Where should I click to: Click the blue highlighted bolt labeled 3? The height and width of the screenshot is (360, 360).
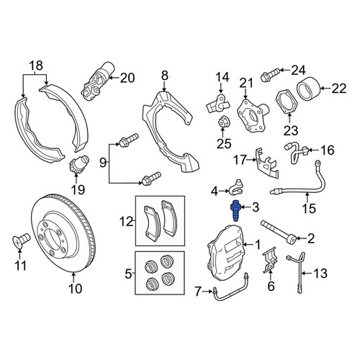235,210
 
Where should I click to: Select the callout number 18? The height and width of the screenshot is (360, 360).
36,66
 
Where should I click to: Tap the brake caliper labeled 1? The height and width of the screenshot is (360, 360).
225,252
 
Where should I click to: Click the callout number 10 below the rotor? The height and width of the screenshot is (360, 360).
75,289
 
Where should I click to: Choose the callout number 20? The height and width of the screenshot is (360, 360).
127,78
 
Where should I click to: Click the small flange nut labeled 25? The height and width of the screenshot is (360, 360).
223,122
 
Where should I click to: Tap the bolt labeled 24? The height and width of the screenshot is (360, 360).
270,74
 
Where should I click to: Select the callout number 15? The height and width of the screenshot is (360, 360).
309,208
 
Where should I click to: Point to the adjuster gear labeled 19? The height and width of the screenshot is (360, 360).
78,163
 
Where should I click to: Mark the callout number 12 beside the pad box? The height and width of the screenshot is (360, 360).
127,222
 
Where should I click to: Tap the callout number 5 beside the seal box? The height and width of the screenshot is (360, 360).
129,274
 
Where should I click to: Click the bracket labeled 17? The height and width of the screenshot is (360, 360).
266,164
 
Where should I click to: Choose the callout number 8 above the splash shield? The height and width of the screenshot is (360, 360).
164,76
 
